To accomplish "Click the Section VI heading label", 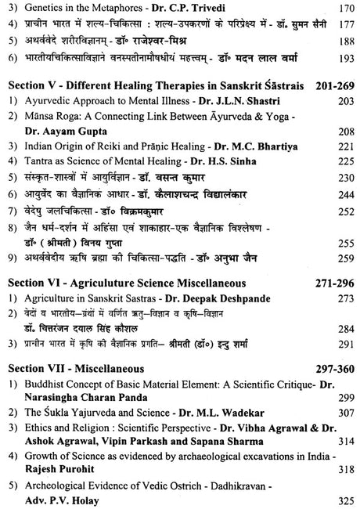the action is click(33, 282).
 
